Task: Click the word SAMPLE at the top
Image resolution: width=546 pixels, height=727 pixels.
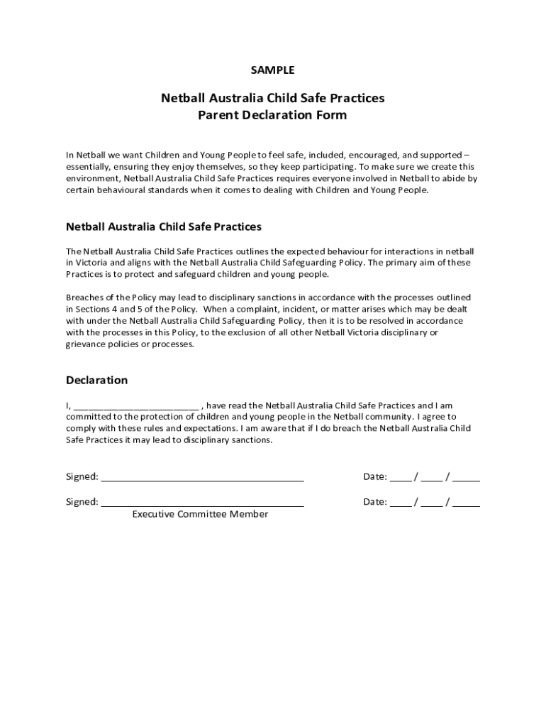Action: [272, 70]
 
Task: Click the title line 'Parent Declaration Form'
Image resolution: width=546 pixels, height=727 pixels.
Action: [272, 114]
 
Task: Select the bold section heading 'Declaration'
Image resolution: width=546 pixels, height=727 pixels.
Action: [96, 380]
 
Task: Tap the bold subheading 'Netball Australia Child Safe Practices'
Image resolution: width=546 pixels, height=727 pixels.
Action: [164, 226]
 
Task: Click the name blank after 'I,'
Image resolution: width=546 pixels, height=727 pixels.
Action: [135, 406]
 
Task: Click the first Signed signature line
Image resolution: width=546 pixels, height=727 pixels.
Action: [202, 477]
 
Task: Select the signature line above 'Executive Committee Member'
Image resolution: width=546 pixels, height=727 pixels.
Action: [202, 503]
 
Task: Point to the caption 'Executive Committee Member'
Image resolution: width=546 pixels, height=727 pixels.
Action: [200, 514]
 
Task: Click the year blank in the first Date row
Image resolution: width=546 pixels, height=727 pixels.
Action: [466, 477]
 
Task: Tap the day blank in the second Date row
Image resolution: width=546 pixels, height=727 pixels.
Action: [400, 503]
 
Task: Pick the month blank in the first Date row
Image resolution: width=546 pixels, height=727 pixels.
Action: [431, 477]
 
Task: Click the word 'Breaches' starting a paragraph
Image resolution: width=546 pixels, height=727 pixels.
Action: [85, 297]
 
